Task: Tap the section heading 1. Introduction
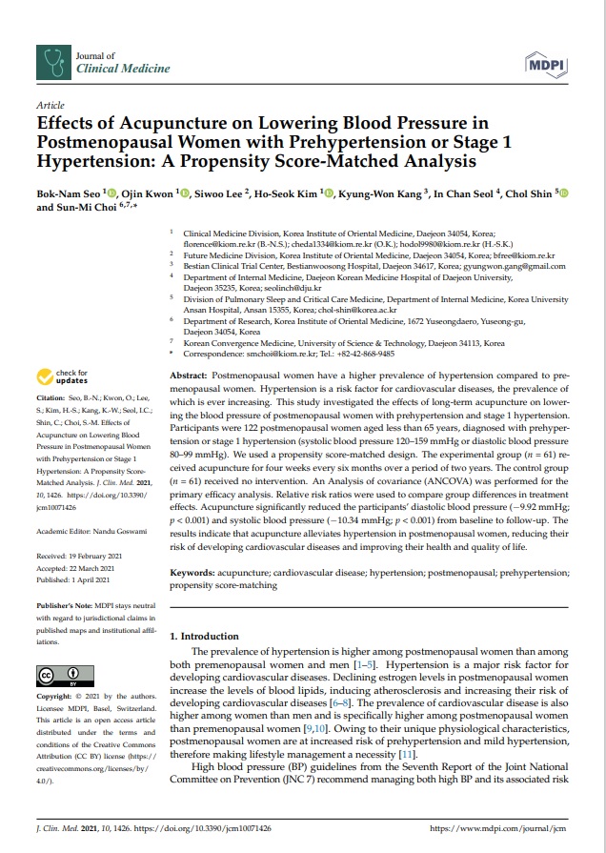coord(204,636)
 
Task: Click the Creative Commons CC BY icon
coord(59,678)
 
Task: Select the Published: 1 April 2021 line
coord(80,579)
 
